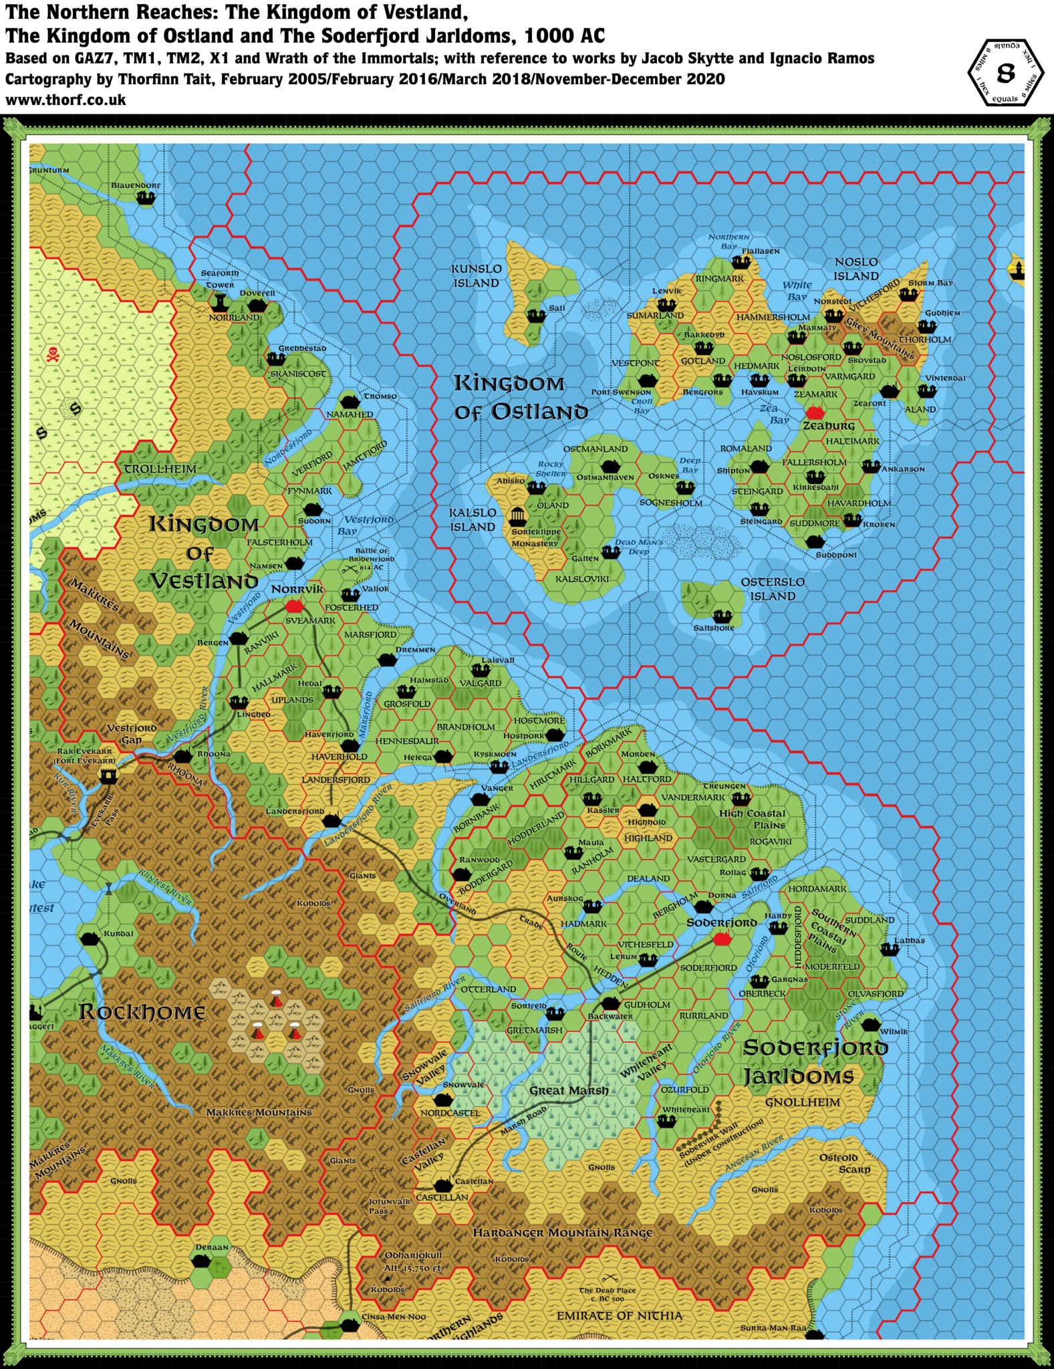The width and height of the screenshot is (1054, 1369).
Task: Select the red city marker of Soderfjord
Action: point(721,939)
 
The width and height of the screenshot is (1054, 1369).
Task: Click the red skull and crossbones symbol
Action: point(53,354)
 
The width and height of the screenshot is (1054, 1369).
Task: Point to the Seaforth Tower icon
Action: point(219,302)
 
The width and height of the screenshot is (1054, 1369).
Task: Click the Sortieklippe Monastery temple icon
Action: point(517,516)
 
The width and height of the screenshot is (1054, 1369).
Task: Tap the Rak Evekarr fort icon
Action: point(108,775)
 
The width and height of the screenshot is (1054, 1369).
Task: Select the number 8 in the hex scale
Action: point(1005,73)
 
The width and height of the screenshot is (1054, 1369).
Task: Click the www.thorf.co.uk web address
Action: point(65,100)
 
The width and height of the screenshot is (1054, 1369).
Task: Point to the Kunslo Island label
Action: point(476,275)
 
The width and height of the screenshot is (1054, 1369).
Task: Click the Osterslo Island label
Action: point(772,589)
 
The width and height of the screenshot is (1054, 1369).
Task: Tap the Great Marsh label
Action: point(569,1091)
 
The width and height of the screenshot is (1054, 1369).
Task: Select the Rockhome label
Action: point(142,1012)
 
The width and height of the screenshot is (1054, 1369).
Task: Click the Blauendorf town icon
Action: point(146,198)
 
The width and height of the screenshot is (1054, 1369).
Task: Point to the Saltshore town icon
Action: point(721,616)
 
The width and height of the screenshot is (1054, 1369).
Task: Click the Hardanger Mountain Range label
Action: point(562,1233)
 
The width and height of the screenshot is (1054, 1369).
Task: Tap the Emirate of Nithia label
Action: point(619,1316)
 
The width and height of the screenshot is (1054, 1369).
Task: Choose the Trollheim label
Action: point(160,469)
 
